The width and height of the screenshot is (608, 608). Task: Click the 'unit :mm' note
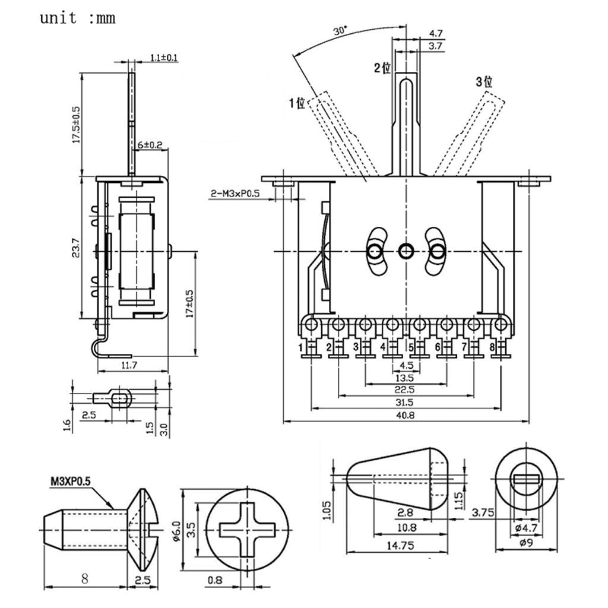point(77,18)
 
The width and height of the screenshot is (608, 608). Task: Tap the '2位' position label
point(382,68)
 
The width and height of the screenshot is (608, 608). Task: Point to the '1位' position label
point(297,103)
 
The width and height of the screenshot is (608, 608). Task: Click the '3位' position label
point(484,82)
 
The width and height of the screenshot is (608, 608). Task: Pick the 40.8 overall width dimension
point(406,416)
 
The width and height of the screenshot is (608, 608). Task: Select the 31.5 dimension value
point(406,403)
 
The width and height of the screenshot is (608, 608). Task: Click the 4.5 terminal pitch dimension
point(406,365)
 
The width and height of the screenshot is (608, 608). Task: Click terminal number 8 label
point(492,347)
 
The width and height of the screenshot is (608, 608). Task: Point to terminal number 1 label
point(301,347)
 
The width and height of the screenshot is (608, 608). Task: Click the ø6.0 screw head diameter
point(177,527)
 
